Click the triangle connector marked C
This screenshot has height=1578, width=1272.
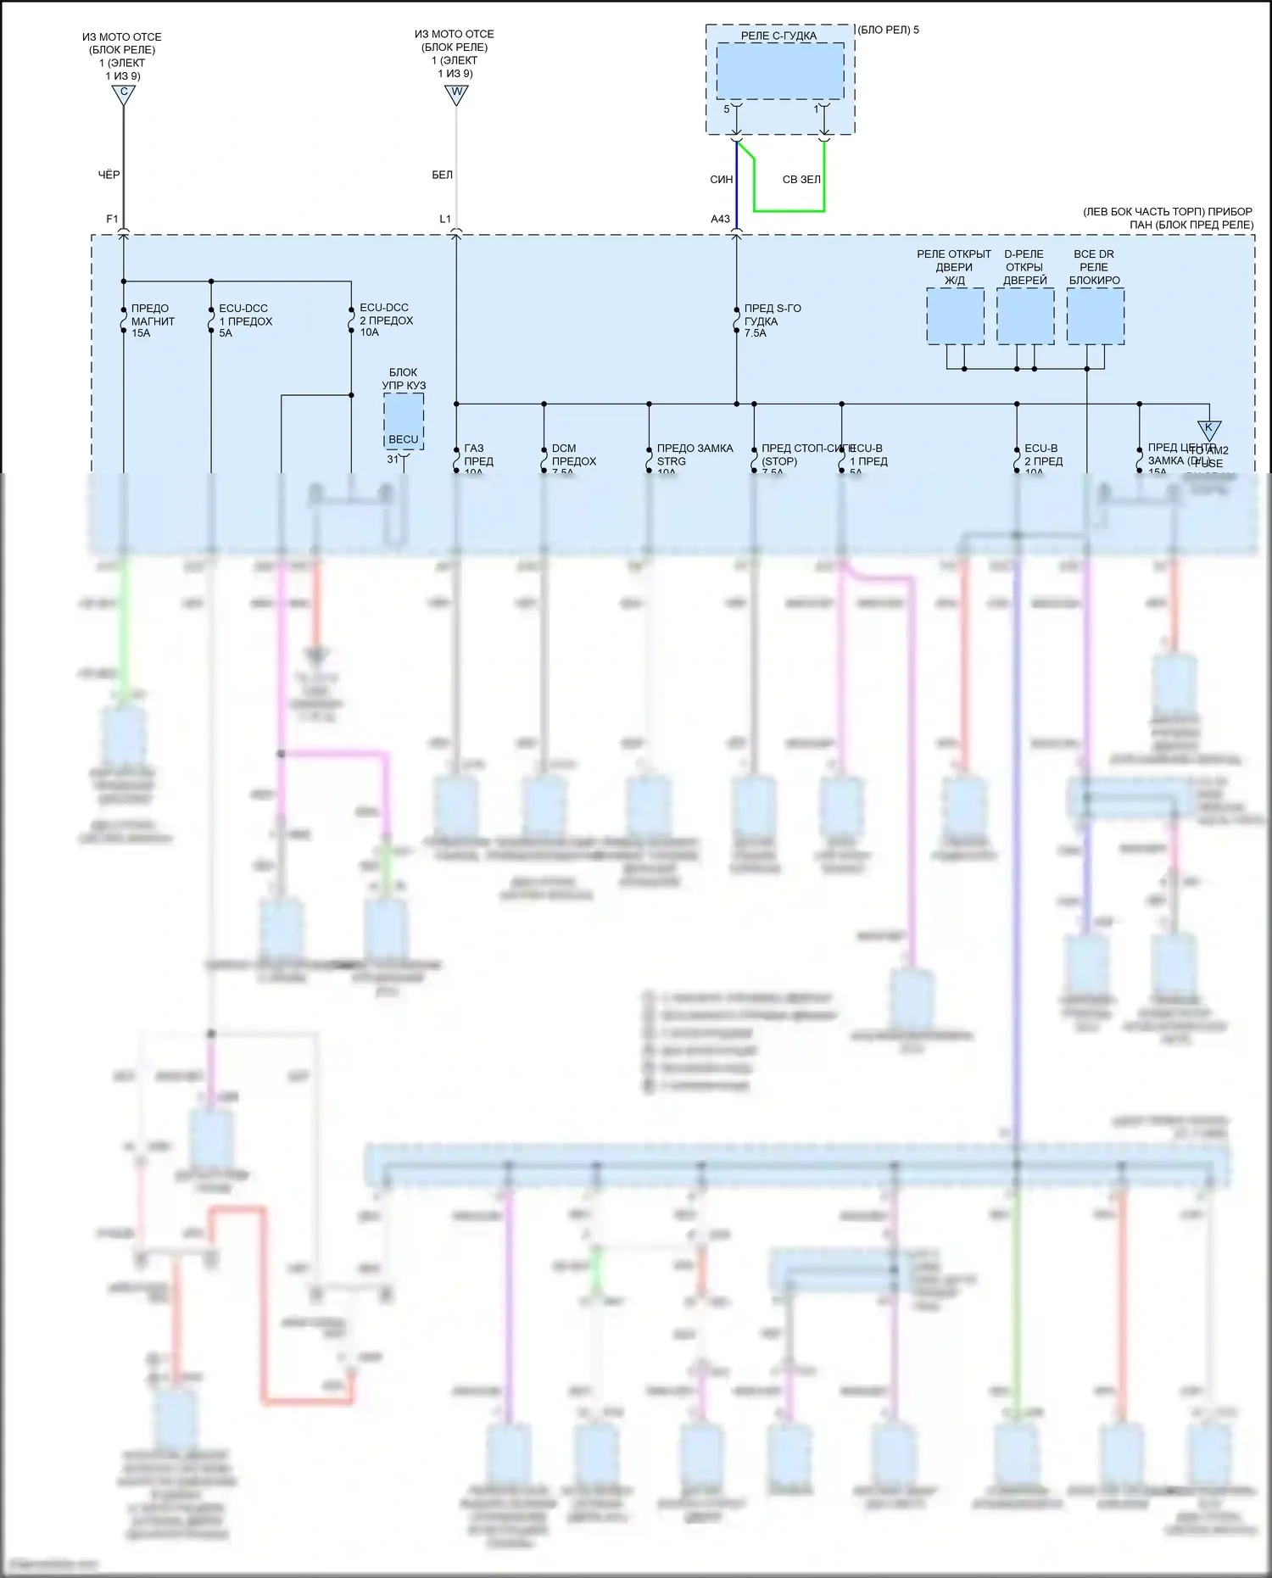(124, 95)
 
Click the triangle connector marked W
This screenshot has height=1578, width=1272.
(456, 94)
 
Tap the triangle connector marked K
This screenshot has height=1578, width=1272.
(1208, 429)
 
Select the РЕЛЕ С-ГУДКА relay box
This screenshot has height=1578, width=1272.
(779, 71)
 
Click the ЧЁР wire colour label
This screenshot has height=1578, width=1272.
(109, 175)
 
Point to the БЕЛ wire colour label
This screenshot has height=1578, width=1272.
(443, 175)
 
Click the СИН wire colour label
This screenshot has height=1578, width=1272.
(722, 180)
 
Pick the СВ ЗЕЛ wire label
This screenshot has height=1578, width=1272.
(801, 180)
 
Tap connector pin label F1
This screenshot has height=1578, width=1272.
(112, 219)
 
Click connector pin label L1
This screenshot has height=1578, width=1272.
(445, 219)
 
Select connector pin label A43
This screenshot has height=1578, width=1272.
(720, 219)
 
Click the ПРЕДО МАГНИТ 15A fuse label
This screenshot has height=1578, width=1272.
(153, 321)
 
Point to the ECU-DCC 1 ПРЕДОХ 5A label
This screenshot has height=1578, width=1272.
(245, 321)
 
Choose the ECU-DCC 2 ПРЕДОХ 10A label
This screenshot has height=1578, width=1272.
(386, 320)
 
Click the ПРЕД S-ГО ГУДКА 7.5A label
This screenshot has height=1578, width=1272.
(772, 321)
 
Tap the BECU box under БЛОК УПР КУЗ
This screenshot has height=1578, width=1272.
(404, 422)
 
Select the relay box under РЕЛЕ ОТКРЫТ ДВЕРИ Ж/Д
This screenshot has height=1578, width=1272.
(955, 315)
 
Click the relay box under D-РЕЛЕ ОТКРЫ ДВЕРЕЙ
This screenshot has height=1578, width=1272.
(1025, 315)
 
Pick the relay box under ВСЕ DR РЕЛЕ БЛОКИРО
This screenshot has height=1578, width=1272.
(1095, 315)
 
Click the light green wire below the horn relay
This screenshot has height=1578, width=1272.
(789, 210)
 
